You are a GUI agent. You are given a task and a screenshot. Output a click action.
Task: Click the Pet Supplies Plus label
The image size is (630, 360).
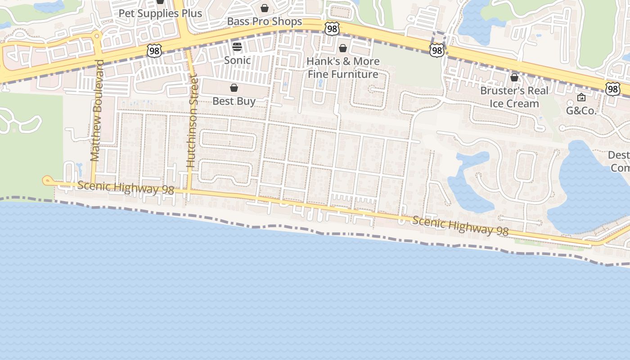pyautogui.click(x=160, y=13)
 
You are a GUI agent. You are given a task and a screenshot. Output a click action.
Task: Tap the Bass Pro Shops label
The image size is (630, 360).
pyautogui.click(x=265, y=22)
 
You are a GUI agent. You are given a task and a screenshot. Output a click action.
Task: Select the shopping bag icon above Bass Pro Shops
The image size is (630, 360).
pyautogui.click(x=265, y=8)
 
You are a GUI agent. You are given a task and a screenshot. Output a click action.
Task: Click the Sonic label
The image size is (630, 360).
pyautogui.click(x=237, y=60)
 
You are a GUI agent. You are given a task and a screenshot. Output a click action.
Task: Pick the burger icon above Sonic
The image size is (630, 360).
pyautogui.click(x=237, y=47)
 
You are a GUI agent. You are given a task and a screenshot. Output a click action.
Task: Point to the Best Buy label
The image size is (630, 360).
pyautogui.click(x=234, y=101)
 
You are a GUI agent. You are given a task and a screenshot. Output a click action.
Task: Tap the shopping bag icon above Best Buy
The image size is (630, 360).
pyautogui.click(x=234, y=88)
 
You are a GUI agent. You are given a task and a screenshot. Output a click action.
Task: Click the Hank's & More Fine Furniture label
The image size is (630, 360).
pyautogui.click(x=343, y=68)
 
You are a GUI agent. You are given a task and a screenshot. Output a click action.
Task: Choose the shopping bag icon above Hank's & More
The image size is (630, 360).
pyautogui.click(x=343, y=48)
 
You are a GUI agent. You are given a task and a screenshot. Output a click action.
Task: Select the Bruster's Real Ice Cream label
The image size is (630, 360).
pyautogui.click(x=514, y=97)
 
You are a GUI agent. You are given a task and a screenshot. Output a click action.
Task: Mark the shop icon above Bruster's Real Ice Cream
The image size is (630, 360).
pyautogui.click(x=514, y=78)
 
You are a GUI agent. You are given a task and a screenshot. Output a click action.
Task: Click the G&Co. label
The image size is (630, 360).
pyautogui.click(x=581, y=111)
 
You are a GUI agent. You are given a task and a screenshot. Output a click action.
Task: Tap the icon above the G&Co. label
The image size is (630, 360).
pyautogui.click(x=581, y=97)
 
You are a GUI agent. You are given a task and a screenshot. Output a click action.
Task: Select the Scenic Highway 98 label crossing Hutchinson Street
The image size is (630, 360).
pyautogui.click(x=126, y=188)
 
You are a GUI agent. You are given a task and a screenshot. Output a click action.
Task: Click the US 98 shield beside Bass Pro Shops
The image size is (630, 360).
pyautogui.click(x=332, y=29)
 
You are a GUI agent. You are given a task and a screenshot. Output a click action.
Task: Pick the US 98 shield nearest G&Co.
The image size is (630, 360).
pyautogui.click(x=612, y=89)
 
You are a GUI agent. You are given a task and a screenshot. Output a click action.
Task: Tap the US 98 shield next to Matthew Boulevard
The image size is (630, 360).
pyautogui.click(x=154, y=51)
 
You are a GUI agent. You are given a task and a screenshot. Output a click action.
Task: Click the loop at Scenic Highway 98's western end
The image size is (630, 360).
pyautogui.click(x=46, y=180)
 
